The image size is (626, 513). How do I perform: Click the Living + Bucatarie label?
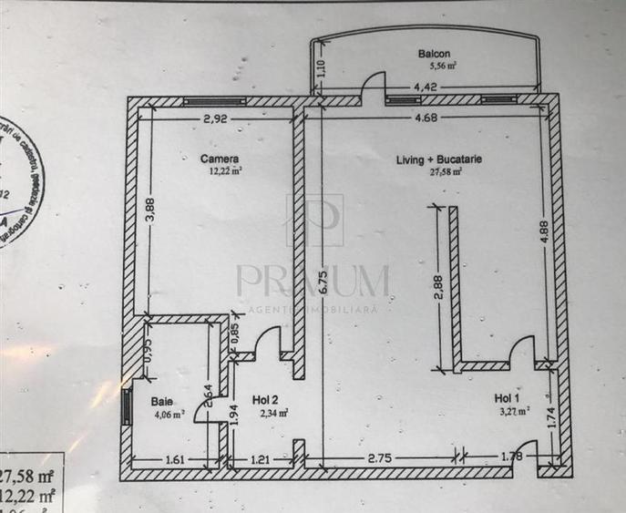click(439, 159)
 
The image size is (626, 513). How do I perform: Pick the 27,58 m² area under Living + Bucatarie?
click(440, 169)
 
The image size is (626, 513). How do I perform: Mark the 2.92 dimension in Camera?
click(216, 118)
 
